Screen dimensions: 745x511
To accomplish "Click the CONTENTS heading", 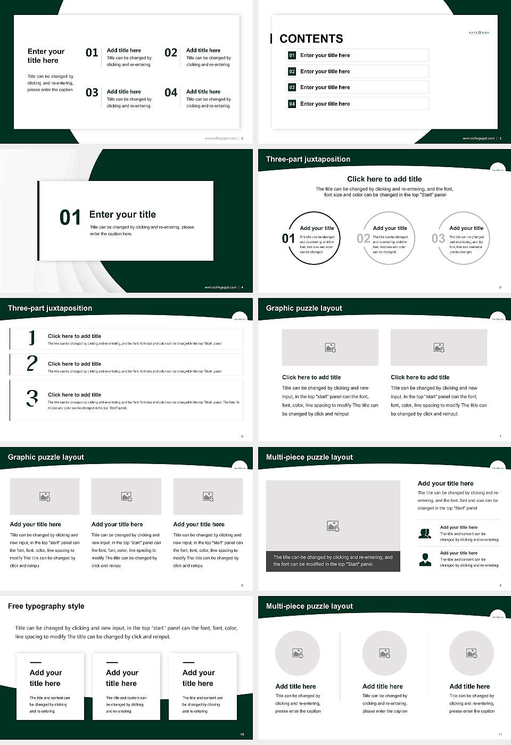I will [311, 39].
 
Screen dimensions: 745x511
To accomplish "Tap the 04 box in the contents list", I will [292, 104].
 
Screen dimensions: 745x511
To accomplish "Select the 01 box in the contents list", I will [292, 55].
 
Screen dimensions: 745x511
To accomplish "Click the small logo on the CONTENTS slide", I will [479, 33].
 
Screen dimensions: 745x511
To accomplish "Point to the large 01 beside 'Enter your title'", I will [70, 218].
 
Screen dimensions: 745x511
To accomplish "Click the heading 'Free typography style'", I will [46, 606].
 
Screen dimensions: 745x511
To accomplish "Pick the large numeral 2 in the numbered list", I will [32, 363].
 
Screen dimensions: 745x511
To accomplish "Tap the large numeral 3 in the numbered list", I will [32, 398].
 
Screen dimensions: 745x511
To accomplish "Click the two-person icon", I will [425, 533].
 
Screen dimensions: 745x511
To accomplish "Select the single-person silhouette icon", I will [425, 559].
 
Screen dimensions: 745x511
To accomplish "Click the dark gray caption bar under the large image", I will [333, 561].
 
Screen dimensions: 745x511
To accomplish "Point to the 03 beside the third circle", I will [438, 238].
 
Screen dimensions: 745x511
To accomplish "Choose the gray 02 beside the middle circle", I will [363, 238].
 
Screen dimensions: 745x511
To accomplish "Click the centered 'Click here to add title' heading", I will [384, 179].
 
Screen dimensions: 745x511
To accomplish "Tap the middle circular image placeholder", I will [384, 653].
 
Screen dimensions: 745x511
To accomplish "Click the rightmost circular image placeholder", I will [471, 653].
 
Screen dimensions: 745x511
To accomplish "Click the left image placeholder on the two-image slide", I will [330, 347].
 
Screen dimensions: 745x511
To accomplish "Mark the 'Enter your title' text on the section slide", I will [122, 214].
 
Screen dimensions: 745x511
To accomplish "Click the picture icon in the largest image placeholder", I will [333, 526].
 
